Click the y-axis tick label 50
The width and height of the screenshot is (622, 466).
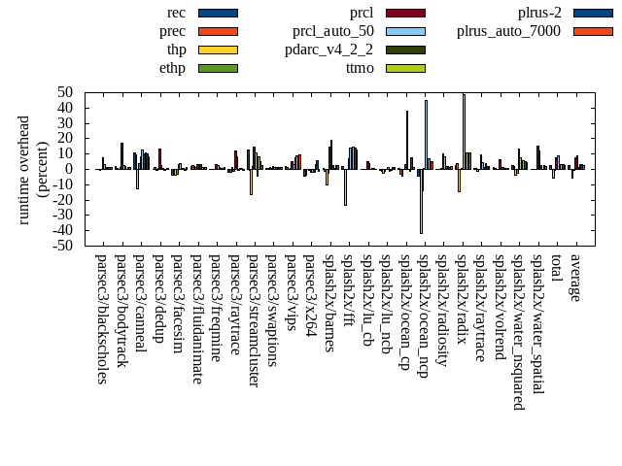(x=66, y=92)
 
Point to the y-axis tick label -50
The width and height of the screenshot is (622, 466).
(x=64, y=246)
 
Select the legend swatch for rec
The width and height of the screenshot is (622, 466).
(x=218, y=13)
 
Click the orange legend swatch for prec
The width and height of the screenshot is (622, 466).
(x=218, y=31)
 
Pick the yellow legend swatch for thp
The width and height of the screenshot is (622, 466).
(x=218, y=50)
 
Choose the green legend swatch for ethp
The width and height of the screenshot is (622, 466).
(x=218, y=68)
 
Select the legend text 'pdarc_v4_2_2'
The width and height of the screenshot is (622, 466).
(x=328, y=50)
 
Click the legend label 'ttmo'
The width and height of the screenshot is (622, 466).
(x=360, y=68)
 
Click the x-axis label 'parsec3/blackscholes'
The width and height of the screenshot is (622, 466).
(x=102, y=319)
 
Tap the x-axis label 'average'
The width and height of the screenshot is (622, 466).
(x=575, y=278)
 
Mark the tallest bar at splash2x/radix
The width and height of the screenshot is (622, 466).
(x=464, y=131)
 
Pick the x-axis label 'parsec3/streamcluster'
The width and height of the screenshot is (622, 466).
(x=254, y=321)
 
